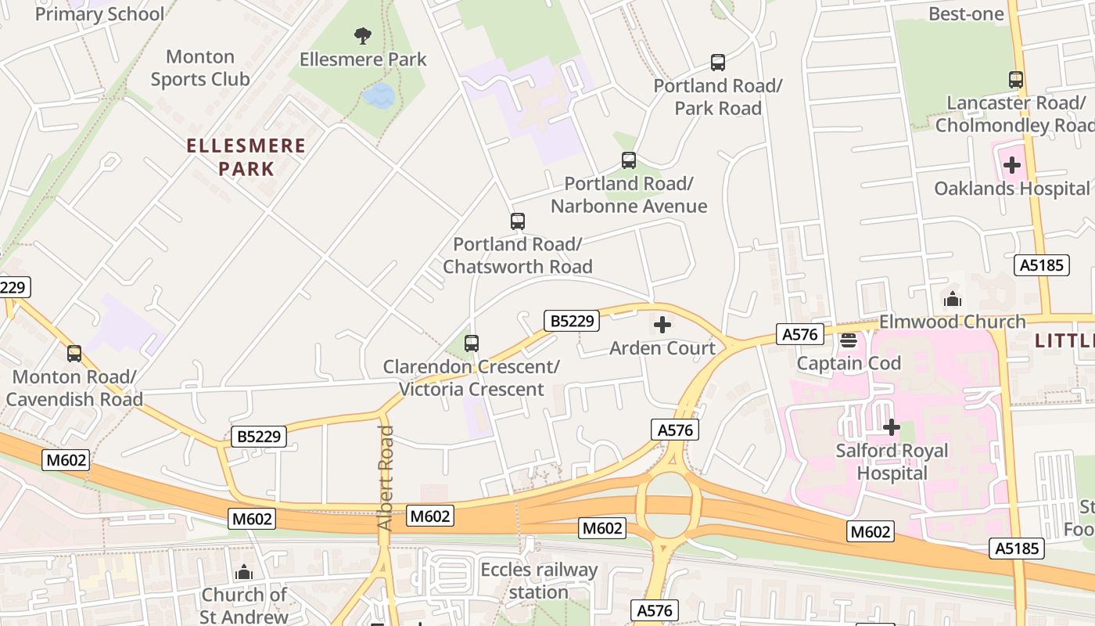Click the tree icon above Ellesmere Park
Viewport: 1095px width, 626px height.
click(362, 35)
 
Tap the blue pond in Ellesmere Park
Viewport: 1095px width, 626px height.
click(379, 96)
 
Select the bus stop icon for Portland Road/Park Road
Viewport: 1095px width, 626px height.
click(717, 63)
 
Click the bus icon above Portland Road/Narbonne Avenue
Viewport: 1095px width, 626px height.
click(628, 160)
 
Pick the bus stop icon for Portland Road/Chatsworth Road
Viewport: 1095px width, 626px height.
click(517, 221)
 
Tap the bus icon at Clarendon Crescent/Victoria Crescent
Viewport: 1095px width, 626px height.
click(471, 343)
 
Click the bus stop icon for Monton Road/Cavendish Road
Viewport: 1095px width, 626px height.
click(74, 354)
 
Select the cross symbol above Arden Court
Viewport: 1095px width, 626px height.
click(662, 325)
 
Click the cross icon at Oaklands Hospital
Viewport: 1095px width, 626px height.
click(1012, 165)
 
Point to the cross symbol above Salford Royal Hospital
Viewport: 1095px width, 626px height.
click(891, 427)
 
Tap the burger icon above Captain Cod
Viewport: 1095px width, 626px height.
click(849, 340)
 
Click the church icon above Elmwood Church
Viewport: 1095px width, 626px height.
click(952, 299)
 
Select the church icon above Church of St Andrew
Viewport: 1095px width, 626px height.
click(244, 572)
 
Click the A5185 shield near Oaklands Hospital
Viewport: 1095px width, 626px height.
click(1043, 264)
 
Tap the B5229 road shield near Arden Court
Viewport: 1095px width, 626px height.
click(572, 320)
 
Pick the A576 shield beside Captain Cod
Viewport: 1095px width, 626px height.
click(799, 335)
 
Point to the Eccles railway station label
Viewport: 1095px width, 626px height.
click(538, 581)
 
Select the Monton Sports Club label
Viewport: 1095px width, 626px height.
click(200, 67)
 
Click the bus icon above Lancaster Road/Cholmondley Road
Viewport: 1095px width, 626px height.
click(1015, 80)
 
